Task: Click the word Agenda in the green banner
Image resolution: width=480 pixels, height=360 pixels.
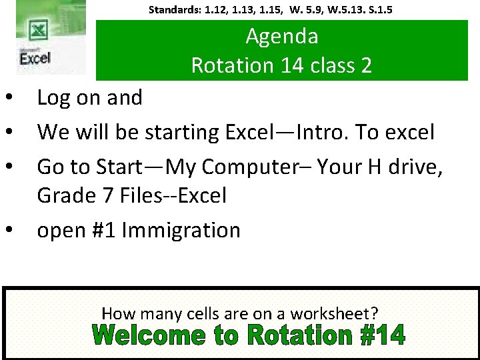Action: click(281, 36)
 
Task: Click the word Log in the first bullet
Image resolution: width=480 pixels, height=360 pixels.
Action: click(52, 98)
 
